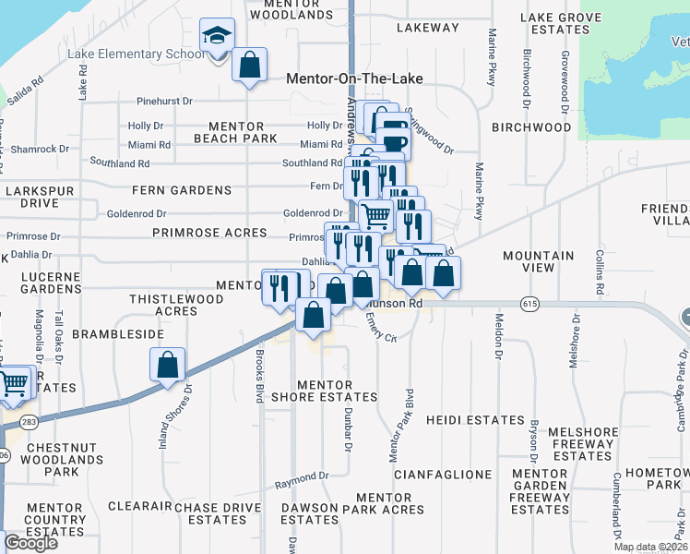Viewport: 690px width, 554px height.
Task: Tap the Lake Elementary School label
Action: click(x=137, y=54)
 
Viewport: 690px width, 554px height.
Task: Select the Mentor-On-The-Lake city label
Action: click(x=354, y=78)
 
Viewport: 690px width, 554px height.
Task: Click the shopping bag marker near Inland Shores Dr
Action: click(x=168, y=366)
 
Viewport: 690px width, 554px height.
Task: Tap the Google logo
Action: click(x=30, y=543)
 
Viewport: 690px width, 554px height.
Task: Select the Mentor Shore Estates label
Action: click(x=337, y=391)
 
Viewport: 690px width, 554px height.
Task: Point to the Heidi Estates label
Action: click(x=475, y=420)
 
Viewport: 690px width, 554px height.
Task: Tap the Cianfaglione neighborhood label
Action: click(x=443, y=474)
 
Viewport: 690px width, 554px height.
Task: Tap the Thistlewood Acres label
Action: click(x=176, y=305)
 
